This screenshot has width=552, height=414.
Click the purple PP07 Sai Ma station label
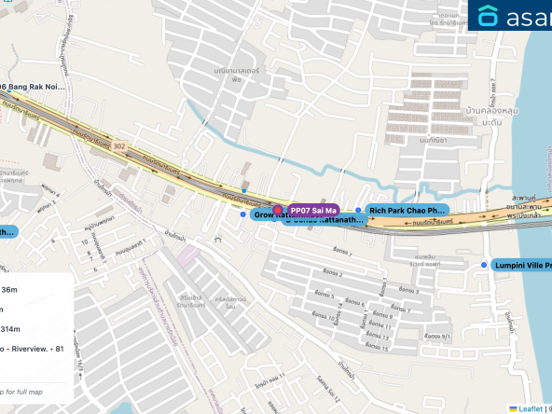pyautogui.click(x=313, y=211)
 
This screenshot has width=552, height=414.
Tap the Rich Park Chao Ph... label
pyautogui.click(x=407, y=211)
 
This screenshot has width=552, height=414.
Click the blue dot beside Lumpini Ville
pyautogui.click(x=484, y=265)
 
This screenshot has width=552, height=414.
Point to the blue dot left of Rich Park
pyautogui.click(x=358, y=211)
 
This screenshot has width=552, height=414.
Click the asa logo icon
pyautogui.click(x=488, y=16)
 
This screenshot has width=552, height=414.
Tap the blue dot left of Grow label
pyautogui.click(x=243, y=214)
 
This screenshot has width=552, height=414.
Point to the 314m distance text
pyautogui.click(x=11, y=329)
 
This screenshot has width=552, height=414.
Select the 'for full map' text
pyautogui.click(x=22, y=391)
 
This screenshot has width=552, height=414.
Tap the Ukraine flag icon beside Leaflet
pyautogui.click(x=514, y=408)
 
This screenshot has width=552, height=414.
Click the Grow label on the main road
pyautogui.click(x=266, y=215)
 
